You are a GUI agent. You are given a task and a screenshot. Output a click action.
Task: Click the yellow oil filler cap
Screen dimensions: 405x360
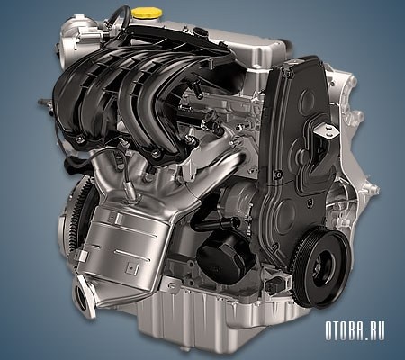147,13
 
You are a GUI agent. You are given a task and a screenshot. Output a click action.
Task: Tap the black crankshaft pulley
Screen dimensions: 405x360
321,268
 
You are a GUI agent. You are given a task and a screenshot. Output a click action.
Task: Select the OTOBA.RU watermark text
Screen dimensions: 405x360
355,331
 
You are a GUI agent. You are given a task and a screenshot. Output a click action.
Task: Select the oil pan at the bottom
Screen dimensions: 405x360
210,321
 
